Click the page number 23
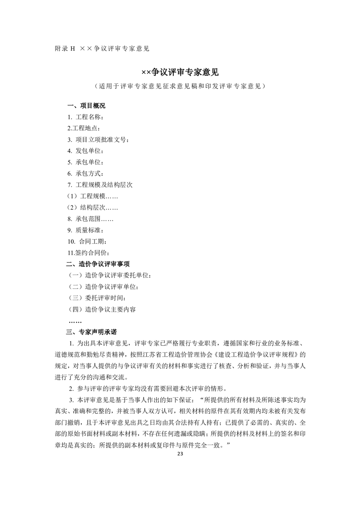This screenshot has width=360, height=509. pyautogui.click(x=180, y=454)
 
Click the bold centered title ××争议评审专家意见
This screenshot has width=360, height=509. pyautogui.click(x=180, y=72)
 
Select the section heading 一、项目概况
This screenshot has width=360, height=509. pyautogui.click(x=86, y=106)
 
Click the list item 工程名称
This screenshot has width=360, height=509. pyautogui.click(x=86, y=117)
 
